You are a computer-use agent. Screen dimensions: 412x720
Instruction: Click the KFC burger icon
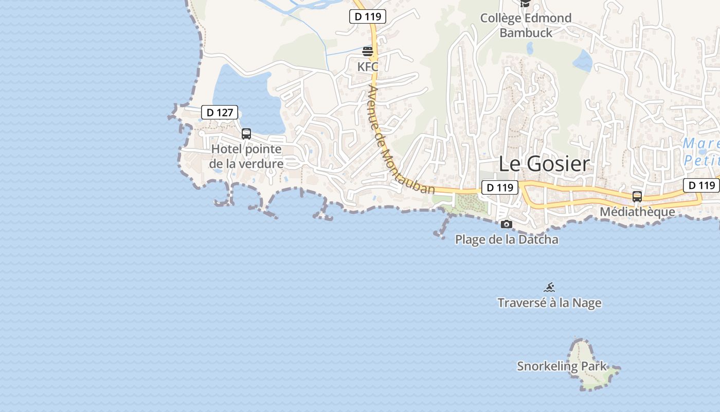click(x=368, y=51)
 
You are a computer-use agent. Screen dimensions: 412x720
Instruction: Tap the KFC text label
click(x=368, y=66)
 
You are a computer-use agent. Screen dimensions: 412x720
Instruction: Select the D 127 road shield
click(x=220, y=112)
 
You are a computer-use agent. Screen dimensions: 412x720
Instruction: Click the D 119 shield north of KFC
click(x=368, y=16)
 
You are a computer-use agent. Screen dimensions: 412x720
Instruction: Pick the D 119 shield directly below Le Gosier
click(x=499, y=187)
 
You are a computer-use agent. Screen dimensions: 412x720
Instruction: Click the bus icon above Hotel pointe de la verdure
click(x=246, y=134)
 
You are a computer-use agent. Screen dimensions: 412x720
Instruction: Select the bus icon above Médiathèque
click(x=637, y=196)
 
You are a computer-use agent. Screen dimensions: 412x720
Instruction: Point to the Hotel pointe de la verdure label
click(x=246, y=157)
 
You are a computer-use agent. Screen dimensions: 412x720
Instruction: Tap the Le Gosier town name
click(x=544, y=164)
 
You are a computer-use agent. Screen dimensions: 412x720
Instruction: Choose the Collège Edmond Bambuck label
click(x=526, y=25)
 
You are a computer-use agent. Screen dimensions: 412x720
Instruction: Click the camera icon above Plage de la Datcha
click(x=507, y=224)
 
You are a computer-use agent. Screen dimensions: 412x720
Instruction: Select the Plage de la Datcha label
click(x=507, y=239)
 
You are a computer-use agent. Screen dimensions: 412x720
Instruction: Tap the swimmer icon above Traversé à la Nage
click(x=549, y=287)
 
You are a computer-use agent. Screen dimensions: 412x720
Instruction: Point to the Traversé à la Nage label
click(x=549, y=303)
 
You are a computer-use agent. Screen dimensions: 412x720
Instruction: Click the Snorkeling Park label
click(x=562, y=366)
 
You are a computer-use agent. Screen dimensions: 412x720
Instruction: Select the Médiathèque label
click(x=637, y=212)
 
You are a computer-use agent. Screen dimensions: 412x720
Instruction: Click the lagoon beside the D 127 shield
click(x=247, y=93)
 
